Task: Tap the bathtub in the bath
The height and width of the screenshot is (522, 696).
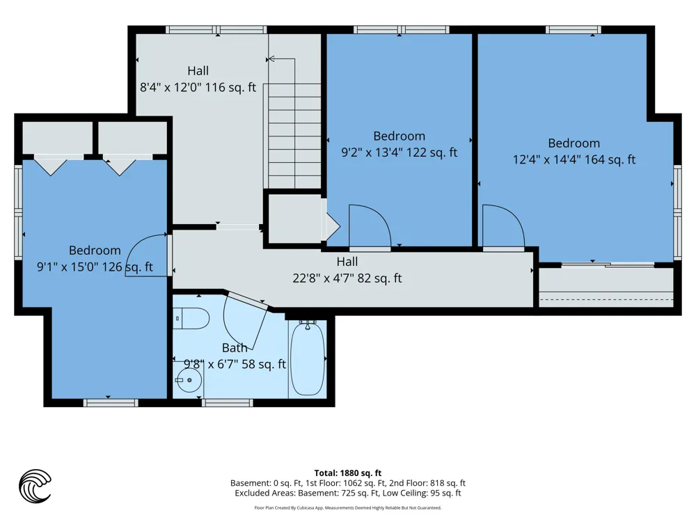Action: (307, 359)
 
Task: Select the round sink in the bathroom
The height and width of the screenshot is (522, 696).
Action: (189, 380)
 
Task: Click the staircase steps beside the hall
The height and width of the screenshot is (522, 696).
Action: (294, 136)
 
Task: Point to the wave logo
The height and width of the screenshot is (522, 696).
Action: (35, 486)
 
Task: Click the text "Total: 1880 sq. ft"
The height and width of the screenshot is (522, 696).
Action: (348, 473)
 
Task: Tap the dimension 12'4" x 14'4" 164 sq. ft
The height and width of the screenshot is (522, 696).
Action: (574, 159)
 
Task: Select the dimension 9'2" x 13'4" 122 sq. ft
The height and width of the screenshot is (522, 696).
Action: (399, 152)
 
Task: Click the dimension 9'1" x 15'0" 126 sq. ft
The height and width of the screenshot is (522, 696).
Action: (95, 267)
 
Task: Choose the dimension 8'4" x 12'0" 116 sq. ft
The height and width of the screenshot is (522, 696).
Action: (198, 87)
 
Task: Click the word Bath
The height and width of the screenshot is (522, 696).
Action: (235, 347)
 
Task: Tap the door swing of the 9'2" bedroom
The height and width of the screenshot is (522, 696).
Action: (370, 226)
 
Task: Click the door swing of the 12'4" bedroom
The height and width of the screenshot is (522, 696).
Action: (503, 226)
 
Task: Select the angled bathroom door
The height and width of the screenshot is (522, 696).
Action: (245, 319)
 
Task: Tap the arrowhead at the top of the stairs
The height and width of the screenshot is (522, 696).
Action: (271, 58)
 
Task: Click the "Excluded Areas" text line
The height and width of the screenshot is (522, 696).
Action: (348, 493)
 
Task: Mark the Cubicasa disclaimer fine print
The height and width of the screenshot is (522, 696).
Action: (348, 508)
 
